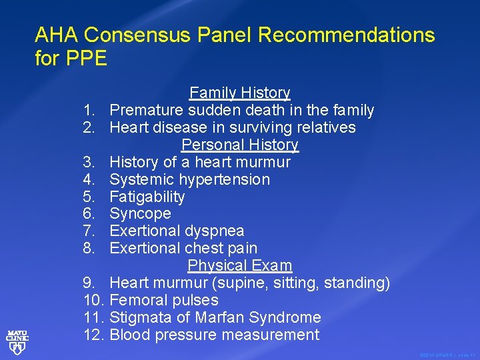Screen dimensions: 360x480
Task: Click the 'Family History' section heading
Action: [x=240, y=93]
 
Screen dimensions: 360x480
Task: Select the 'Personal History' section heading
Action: [x=240, y=145]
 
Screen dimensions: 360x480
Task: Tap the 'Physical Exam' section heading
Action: [x=240, y=265]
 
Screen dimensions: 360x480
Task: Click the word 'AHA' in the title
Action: [x=57, y=35]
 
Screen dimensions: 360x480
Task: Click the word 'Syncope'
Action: [x=140, y=214]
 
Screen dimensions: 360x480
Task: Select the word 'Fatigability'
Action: [x=147, y=197]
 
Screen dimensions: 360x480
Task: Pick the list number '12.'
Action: [x=95, y=335]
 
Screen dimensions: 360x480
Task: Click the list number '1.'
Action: [x=91, y=110]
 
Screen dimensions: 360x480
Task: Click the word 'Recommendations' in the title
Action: [x=346, y=35]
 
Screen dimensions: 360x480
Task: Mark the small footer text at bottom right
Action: [x=447, y=355]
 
